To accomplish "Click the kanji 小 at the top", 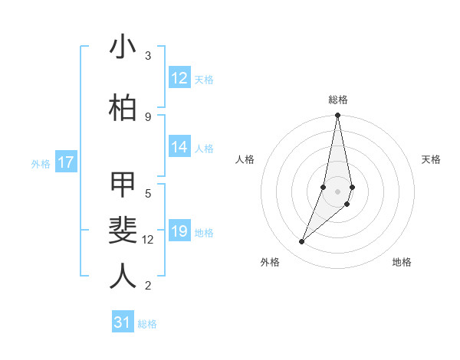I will [123, 47].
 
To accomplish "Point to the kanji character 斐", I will [123, 230].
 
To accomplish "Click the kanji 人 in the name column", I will [123, 276].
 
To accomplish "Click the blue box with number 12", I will [179, 78].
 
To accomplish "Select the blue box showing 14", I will [179, 148].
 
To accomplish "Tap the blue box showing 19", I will [179, 232].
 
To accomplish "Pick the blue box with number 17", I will [66, 162].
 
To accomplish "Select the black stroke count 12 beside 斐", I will [148, 240].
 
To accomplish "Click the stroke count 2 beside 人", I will [148, 286].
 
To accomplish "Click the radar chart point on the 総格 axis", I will [337, 116].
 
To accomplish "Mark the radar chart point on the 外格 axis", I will [302, 242].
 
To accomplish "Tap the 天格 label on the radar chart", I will [431, 159].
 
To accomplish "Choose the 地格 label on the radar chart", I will [402, 262].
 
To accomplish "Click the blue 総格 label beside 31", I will [147, 324].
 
